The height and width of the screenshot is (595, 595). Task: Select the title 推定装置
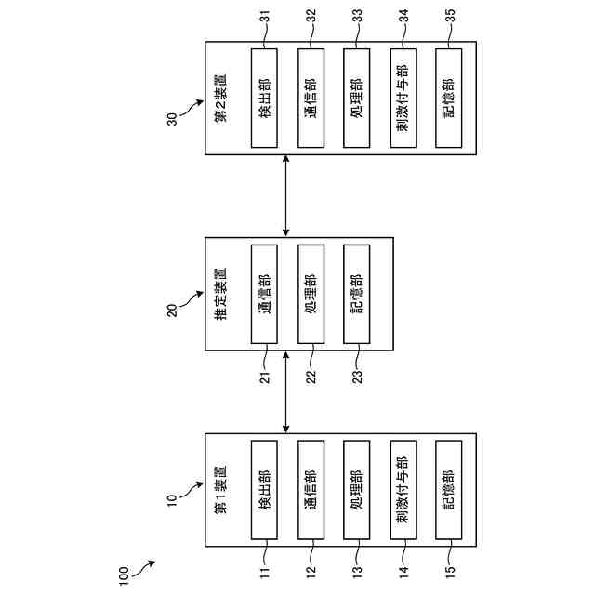click(x=220, y=296)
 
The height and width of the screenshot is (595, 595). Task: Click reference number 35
click(x=449, y=20)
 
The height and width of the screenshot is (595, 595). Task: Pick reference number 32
click(x=311, y=20)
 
